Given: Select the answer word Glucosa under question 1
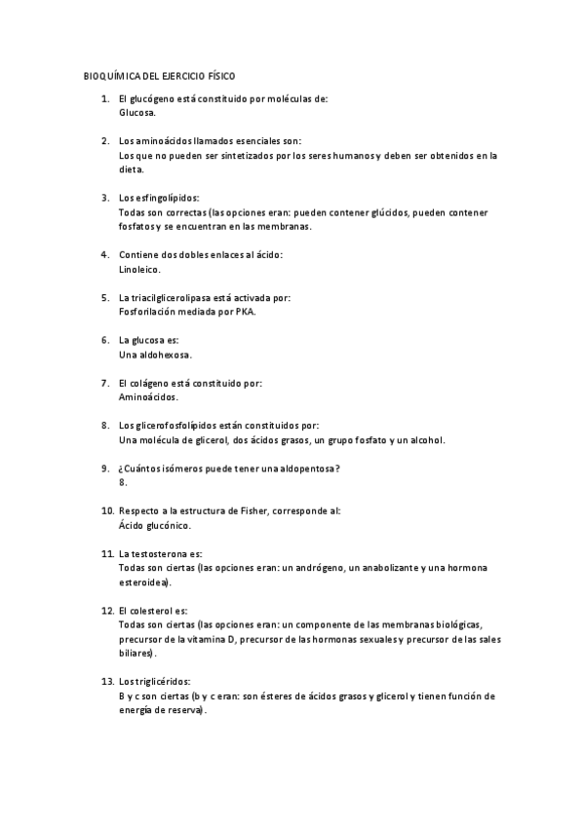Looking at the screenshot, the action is point(136,112).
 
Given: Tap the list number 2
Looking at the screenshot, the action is point(105,141).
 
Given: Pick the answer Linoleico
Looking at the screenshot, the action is point(139,269).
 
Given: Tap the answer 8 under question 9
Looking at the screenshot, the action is point(121,482).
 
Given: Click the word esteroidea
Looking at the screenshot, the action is point(143,582).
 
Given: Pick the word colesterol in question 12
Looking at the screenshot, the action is point(154,610).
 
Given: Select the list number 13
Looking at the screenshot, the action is point(107,681).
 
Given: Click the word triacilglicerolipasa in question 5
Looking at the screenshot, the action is point(178,298).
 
